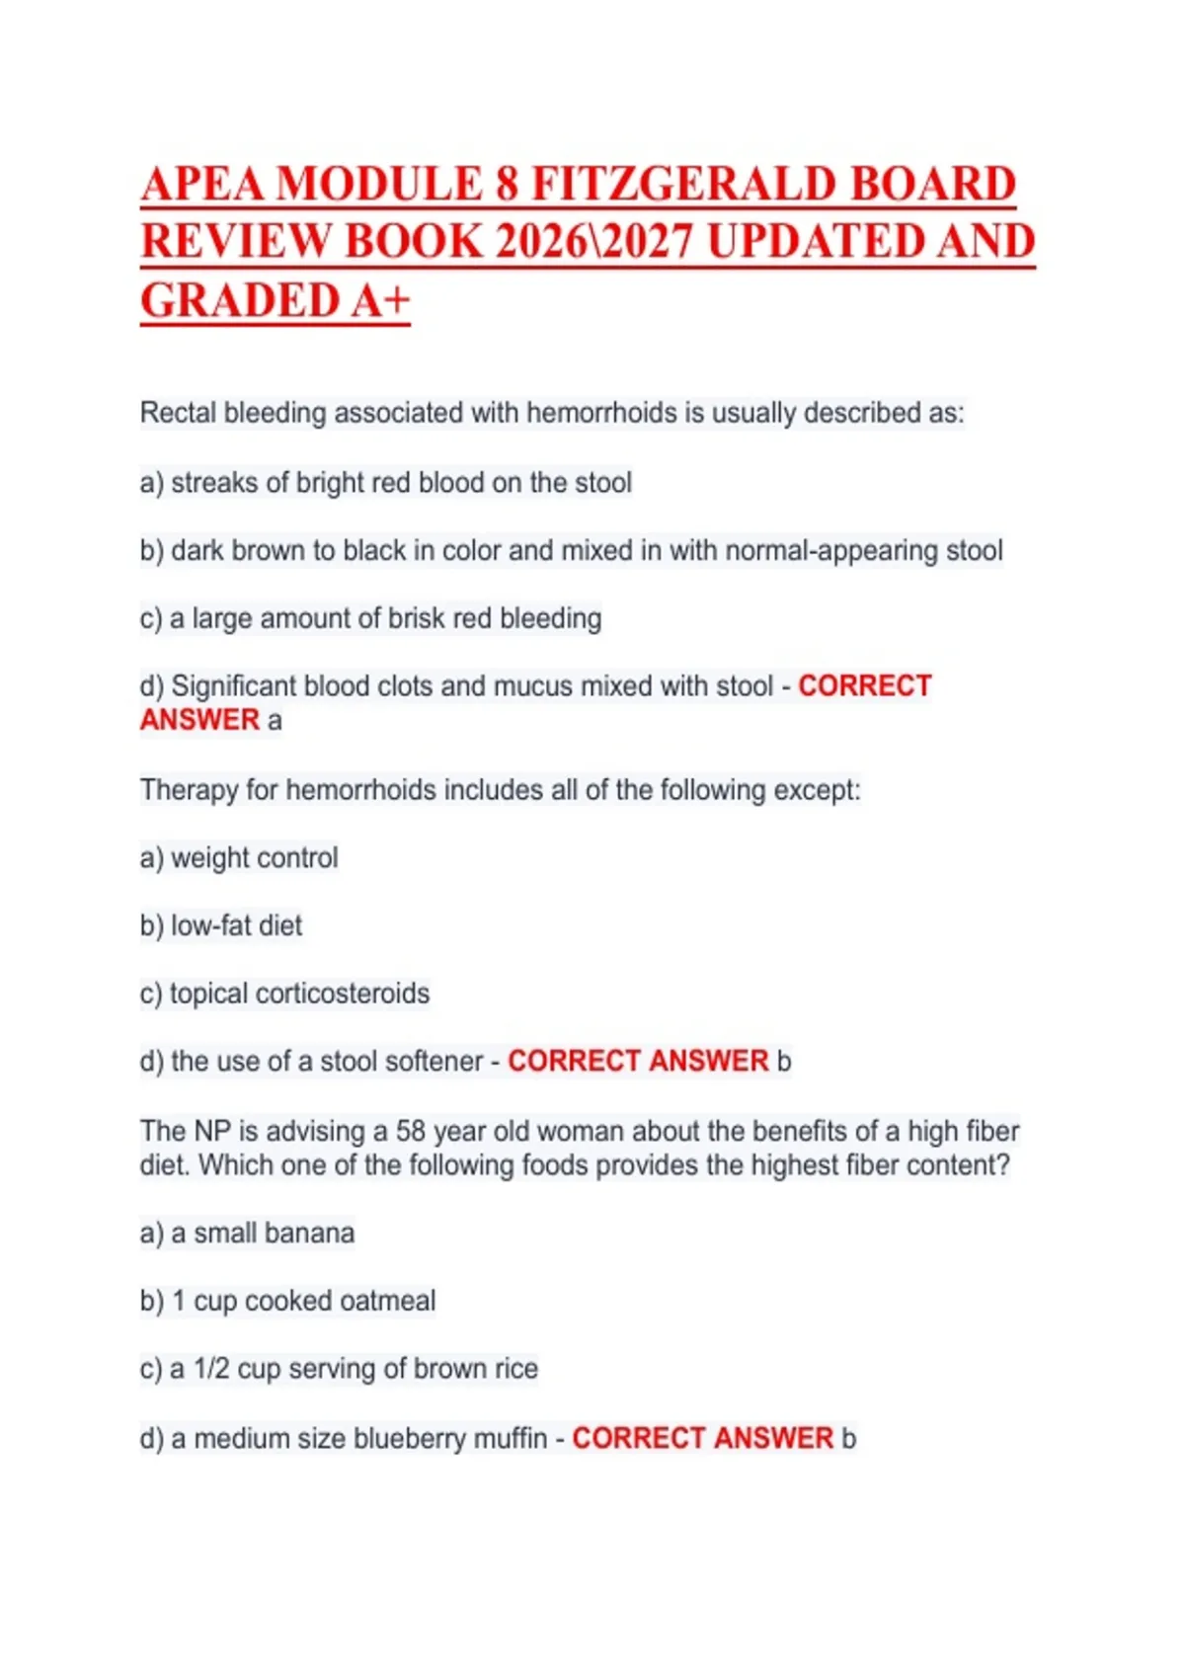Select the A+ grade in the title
click(379, 300)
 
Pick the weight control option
click(254, 858)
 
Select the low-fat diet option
click(236, 925)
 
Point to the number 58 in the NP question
click(411, 1131)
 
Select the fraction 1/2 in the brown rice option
click(211, 1370)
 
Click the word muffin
click(510, 1439)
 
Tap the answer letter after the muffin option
click(848, 1439)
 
